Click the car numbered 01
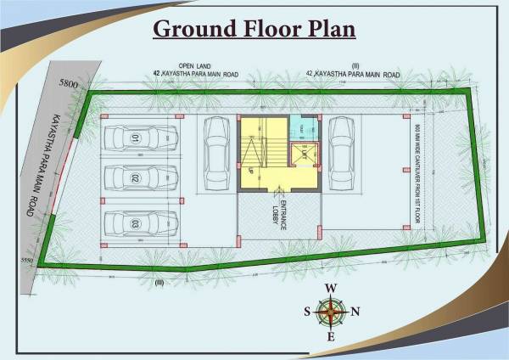141,138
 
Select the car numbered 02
140,178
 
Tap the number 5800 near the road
67,84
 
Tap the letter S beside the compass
307,312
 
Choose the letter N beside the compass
355,312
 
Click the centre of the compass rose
331,312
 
